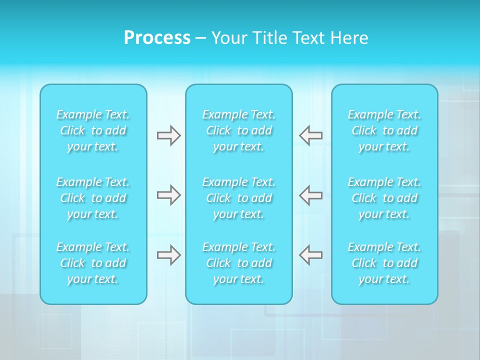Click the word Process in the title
pyautogui.click(x=157, y=38)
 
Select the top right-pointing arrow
pyautogui.click(x=168, y=135)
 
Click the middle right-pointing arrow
pyautogui.click(x=168, y=195)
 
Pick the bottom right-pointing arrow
pyautogui.click(x=168, y=255)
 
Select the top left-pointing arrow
pyautogui.click(x=311, y=135)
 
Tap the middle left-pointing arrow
pyautogui.click(x=311, y=195)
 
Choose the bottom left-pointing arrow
pyautogui.click(x=311, y=255)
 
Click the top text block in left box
pyautogui.click(x=93, y=130)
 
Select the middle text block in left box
pyautogui.click(x=93, y=198)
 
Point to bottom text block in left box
pyautogui.click(x=93, y=263)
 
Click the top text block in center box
pyautogui.click(x=239, y=130)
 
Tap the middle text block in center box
pyautogui.click(x=239, y=198)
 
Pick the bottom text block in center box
pyautogui.click(x=239, y=263)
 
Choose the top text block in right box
pyautogui.click(x=384, y=130)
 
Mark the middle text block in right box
pyautogui.click(x=384, y=198)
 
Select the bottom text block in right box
pyautogui.click(x=384, y=263)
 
